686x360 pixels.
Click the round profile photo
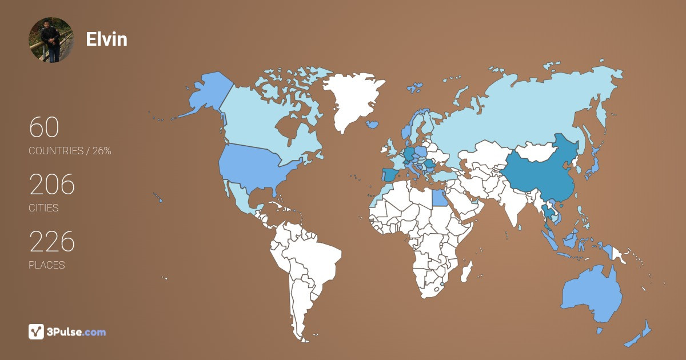pos(51,40)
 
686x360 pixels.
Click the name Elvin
pos(106,39)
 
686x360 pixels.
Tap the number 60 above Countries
pos(44,127)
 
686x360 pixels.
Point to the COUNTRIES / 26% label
pos(70,151)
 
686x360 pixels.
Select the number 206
pos(52,185)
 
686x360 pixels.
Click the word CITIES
pos(43,208)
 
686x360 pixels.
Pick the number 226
pos(52,242)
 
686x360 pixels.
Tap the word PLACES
pos(46,265)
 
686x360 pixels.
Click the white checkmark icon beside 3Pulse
pos(36,331)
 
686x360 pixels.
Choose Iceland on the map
pos(372,124)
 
